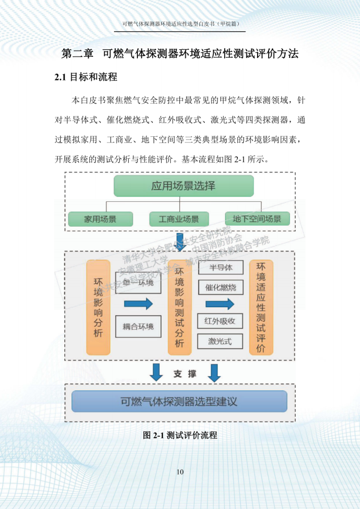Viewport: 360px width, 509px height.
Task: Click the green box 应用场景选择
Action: click(183, 186)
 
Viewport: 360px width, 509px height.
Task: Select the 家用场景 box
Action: click(100, 219)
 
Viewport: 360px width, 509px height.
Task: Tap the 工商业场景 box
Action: click(179, 219)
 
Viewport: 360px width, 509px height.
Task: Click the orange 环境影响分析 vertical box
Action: click(98, 307)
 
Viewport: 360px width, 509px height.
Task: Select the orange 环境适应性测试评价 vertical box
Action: click(261, 307)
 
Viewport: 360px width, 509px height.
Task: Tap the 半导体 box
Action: click(221, 267)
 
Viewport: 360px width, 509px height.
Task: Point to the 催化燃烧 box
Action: click(221, 287)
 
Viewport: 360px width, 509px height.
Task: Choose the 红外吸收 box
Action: click(221, 321)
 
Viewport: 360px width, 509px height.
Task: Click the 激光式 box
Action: click(221, 341)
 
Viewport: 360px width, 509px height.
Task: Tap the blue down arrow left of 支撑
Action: click(157, 372)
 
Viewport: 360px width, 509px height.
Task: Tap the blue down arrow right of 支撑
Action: click(214, 372)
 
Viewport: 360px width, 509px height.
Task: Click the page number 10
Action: click(180, 472)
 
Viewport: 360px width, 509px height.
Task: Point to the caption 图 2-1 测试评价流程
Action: click(180, 435)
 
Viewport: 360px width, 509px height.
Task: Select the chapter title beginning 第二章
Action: click(180, 54)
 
